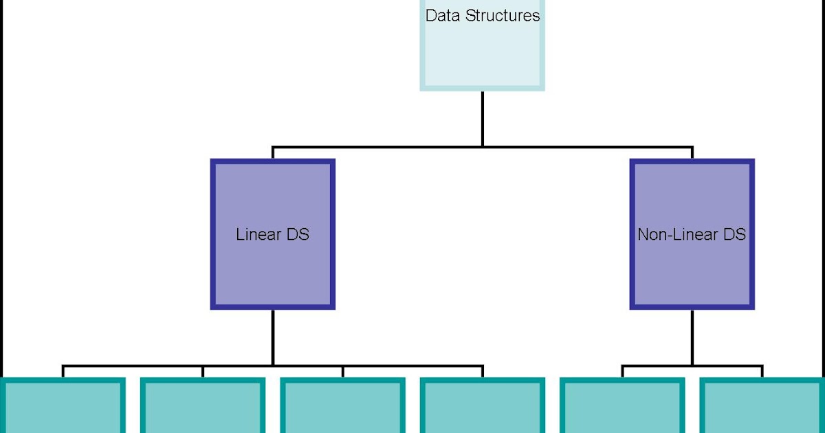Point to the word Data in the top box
[443, 15]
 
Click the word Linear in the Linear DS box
[258, 234]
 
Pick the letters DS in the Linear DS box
[298, 234]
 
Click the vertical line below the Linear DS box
[272, 337]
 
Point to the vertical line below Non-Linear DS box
[692, 337]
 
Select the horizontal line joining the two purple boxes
[378, 146]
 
